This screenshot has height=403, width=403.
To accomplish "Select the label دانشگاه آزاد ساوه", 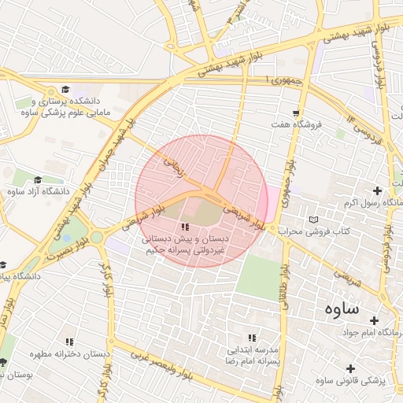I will click(x=38, y=191).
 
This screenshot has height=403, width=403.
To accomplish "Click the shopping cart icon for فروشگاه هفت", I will click(x=296, y=113).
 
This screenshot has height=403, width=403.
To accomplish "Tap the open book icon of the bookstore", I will click(x=316, y=219).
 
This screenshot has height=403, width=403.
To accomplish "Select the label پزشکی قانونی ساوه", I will click(x=350, y=381).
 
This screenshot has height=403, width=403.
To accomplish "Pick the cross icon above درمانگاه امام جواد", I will click(x=374, y=320).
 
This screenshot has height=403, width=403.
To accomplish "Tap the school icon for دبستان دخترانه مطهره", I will click(x=69, y=342).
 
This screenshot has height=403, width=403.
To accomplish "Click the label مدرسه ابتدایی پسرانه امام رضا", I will click(x=253, y=353).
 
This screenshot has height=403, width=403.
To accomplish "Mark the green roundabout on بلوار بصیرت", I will click(x=96, y=236).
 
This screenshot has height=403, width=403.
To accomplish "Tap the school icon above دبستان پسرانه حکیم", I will click(x=186, y=227).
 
